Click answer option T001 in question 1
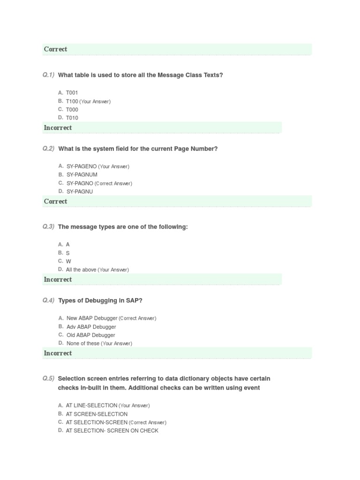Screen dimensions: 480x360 tap(72, 93)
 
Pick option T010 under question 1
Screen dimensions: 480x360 tap(72, 118)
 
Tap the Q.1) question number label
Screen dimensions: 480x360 tap(48, 75)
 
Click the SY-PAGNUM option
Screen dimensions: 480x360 tap(82, 175)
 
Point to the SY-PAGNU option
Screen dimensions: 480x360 tap(80, 192)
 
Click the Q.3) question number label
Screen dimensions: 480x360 tap(48, 227)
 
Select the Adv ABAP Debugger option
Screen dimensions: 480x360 tap(91, 327)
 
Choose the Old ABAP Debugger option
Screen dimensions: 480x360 tap(90, 335)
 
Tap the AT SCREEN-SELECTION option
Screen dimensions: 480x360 tap(97, 414)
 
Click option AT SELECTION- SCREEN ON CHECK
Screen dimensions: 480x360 tap(112, 431)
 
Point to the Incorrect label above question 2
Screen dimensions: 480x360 tap(58, 127)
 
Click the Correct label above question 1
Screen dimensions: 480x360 tap(55, 49)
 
